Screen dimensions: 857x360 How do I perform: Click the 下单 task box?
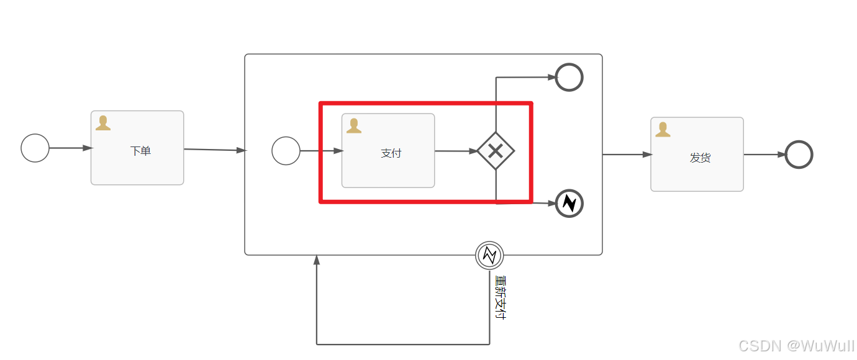tap(137, 148)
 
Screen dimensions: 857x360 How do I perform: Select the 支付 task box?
tap(388, 151)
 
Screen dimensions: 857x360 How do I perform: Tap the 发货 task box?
tap(697, 155)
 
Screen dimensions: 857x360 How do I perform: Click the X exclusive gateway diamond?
tap(496, 151)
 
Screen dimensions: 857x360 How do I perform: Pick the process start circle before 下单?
tap(35, 148)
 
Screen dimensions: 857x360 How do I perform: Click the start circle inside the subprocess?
tap(286, 151)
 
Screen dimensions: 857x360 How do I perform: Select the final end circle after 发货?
tap(799, 155)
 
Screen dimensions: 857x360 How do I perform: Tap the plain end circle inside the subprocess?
tap(569, 78)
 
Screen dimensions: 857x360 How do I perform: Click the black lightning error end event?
tap(569, 203)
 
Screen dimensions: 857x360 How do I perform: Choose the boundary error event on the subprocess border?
tap(489, 255)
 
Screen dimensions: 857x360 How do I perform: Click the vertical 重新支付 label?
tap(500, 297)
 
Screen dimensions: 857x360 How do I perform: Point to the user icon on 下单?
tap(103, 123)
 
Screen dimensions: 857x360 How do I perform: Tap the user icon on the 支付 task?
tap(354, 126)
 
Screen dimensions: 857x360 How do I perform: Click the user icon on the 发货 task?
tap(663, 129)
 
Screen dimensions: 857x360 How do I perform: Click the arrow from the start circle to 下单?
tap(70, 148)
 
